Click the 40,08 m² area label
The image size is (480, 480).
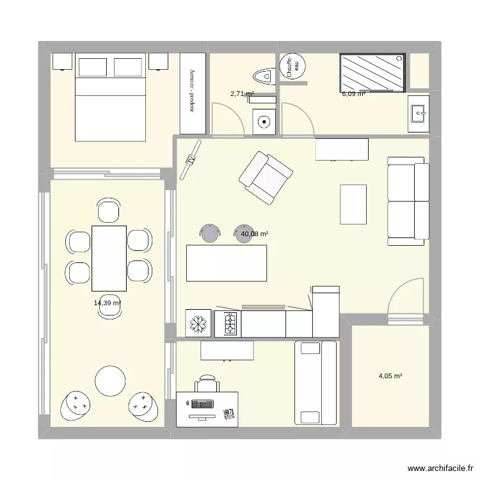pyautogui.click(x=254, y=234)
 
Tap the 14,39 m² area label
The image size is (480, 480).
pyautogui.click(x=108, y=303)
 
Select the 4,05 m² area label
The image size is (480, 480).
pyautogui.click(x=390, y=376)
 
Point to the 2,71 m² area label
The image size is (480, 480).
pyautogui.click(x=242, y=94)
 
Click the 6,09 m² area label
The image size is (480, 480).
pyautogui.click(x=353, y=94)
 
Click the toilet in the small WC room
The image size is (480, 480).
pyautogui.click(x=263, y=77)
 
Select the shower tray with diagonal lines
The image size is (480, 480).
pyautogui.click(x=372, y=72)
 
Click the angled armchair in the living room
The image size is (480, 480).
pyautogui.click(x=266, y=178)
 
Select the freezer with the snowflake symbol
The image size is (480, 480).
pyautogui.click(x=198, y=323)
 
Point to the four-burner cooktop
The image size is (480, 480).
pyautogui.click(x=228, y=323)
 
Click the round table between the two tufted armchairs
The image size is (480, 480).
pyautogui.click(x=111, y=381)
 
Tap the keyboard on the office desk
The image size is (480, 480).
pyautogui.click(x=200, y=404)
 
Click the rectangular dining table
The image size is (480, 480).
pyautogui.click(x=109, y=257)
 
